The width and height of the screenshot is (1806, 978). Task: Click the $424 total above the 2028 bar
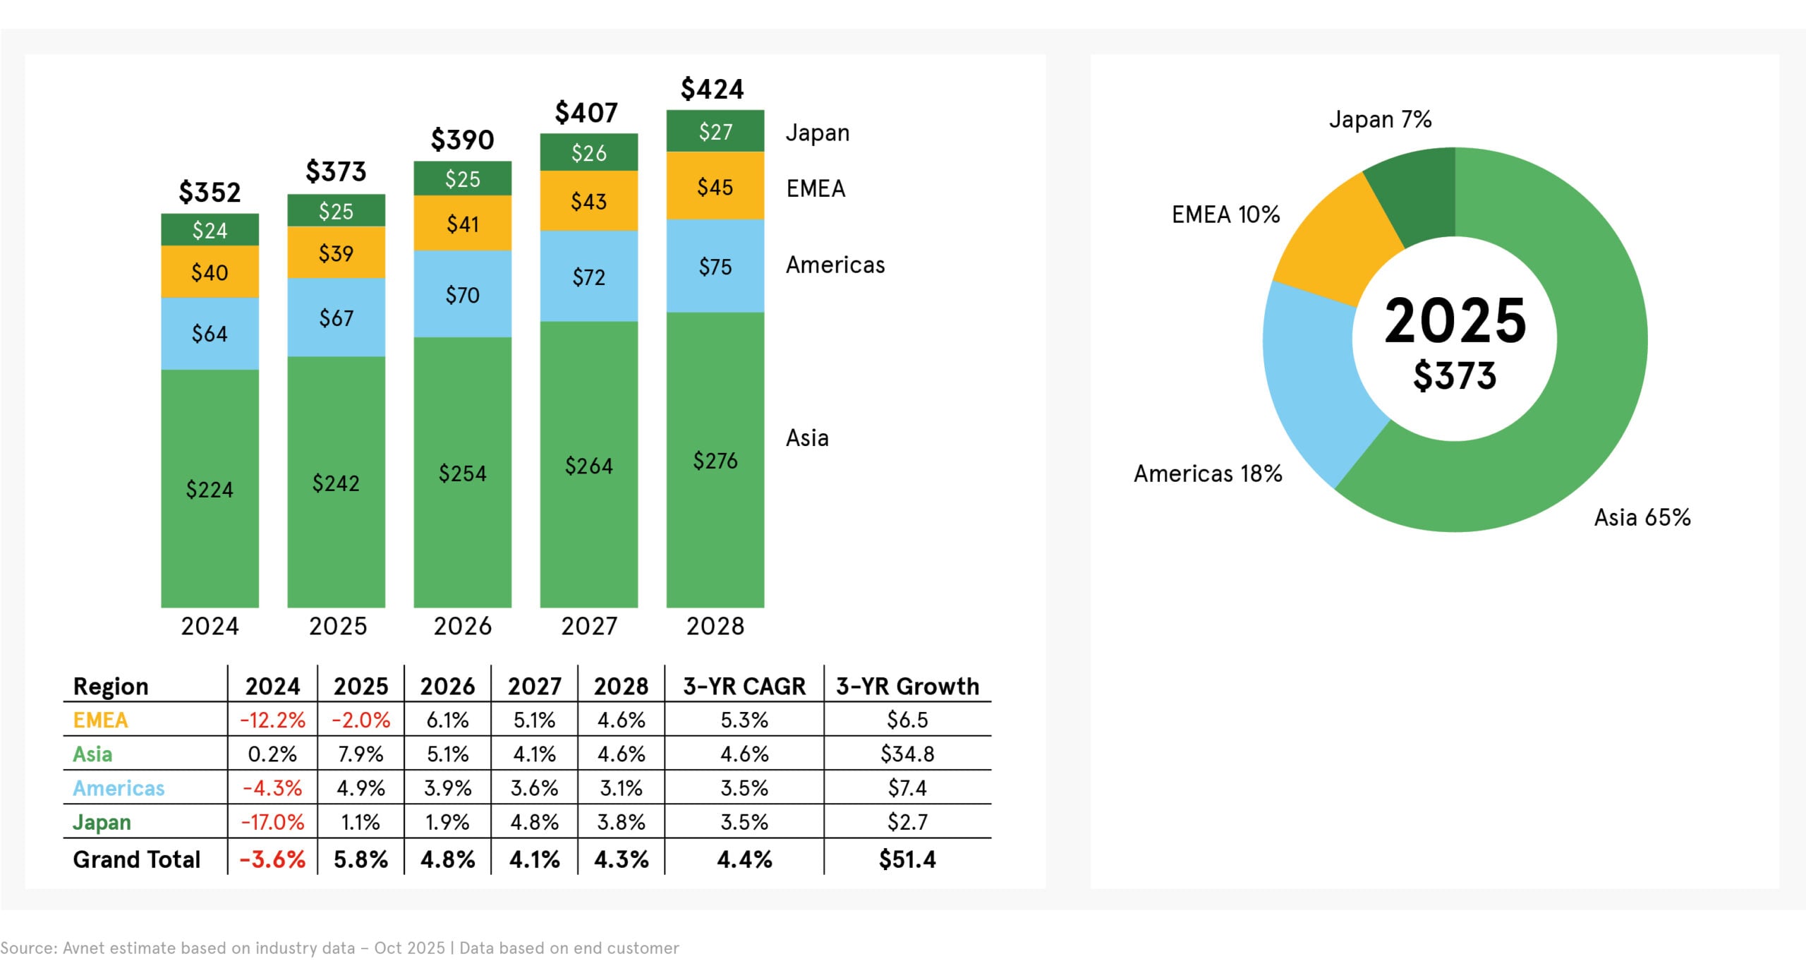712,90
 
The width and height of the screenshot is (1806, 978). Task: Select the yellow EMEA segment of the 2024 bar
210,272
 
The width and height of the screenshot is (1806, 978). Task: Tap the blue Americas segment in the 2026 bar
462,294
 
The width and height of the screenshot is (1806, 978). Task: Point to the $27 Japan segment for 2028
715,132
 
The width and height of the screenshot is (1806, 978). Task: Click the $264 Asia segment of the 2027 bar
588,466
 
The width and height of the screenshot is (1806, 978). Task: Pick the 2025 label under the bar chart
338,627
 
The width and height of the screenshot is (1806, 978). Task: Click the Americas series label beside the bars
835,265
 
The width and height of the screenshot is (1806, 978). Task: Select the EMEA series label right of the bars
816,189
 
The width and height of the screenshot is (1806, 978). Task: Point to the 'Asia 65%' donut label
1642,518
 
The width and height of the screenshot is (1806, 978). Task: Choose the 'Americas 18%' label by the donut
1207,474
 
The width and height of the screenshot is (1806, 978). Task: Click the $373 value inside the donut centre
1454,375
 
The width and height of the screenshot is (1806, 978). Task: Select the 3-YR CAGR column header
744,687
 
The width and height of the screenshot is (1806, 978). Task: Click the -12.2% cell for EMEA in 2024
272,720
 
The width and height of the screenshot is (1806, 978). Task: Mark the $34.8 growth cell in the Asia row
907,754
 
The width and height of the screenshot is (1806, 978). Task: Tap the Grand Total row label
137,859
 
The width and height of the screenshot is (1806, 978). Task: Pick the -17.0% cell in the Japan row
272,823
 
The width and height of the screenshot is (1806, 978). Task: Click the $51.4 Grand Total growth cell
907,859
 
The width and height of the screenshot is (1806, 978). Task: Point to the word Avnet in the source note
84,948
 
